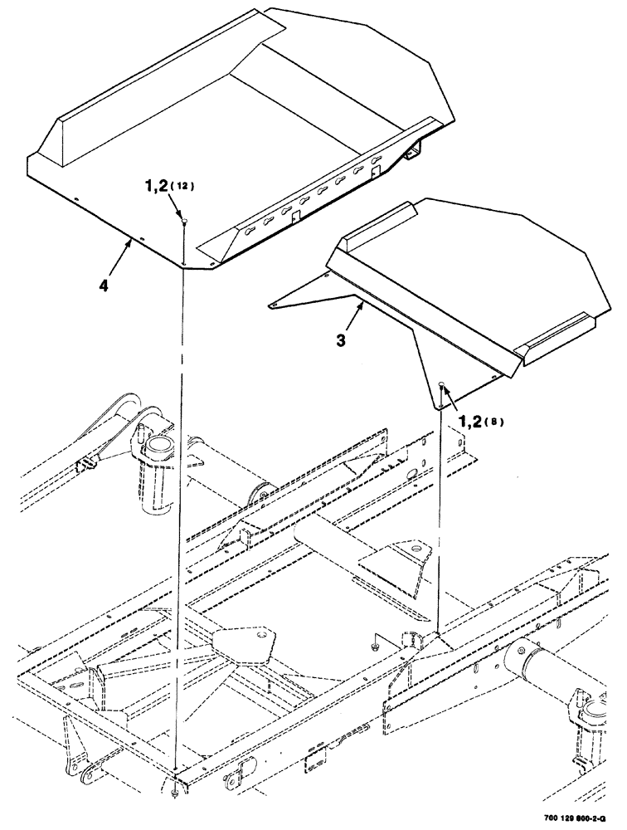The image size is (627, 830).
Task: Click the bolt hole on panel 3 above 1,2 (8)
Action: coord(441,384)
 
